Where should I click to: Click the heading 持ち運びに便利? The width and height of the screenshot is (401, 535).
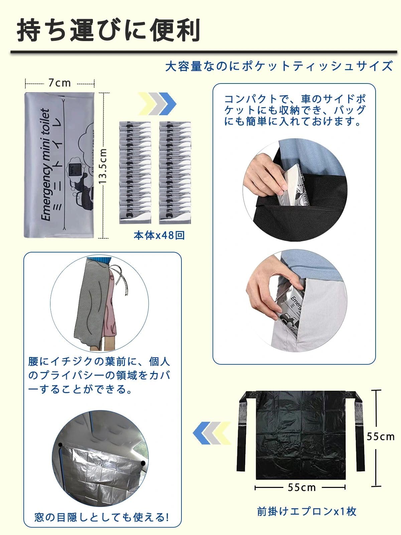tap(109, 31)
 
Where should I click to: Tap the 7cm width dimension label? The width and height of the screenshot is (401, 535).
tap(59, 82)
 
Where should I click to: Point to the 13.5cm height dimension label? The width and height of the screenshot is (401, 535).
tap(103, 166)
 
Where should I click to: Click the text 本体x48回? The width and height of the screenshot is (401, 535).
tap(159, 235)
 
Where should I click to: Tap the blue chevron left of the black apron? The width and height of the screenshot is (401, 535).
tap(200, 433)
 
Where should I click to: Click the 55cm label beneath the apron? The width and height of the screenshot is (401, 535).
tap(301, 487)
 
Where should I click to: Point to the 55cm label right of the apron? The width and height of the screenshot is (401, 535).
tap(381, 436)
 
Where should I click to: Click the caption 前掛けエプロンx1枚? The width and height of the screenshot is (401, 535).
tap(307, 511)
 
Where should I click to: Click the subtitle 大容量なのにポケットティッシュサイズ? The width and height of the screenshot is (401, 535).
tap(279, 66)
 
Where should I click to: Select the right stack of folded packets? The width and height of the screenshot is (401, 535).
tap(175, 172)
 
